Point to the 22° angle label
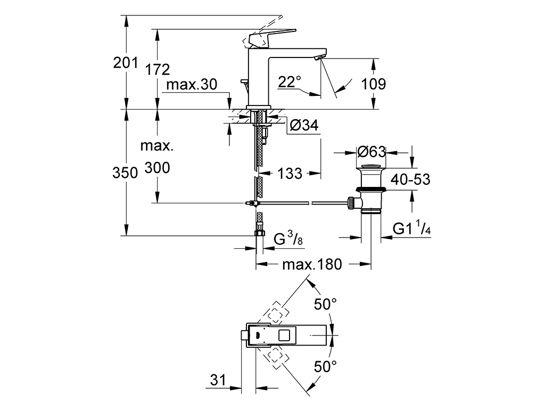click(x=290, y=81)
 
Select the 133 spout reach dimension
click(x=290, y=173)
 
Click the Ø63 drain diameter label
click(x=371, y=152)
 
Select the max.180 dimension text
click(x=311, y=264)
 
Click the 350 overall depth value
click(x=126, y=173)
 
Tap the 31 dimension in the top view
click(x=217, y=380)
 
